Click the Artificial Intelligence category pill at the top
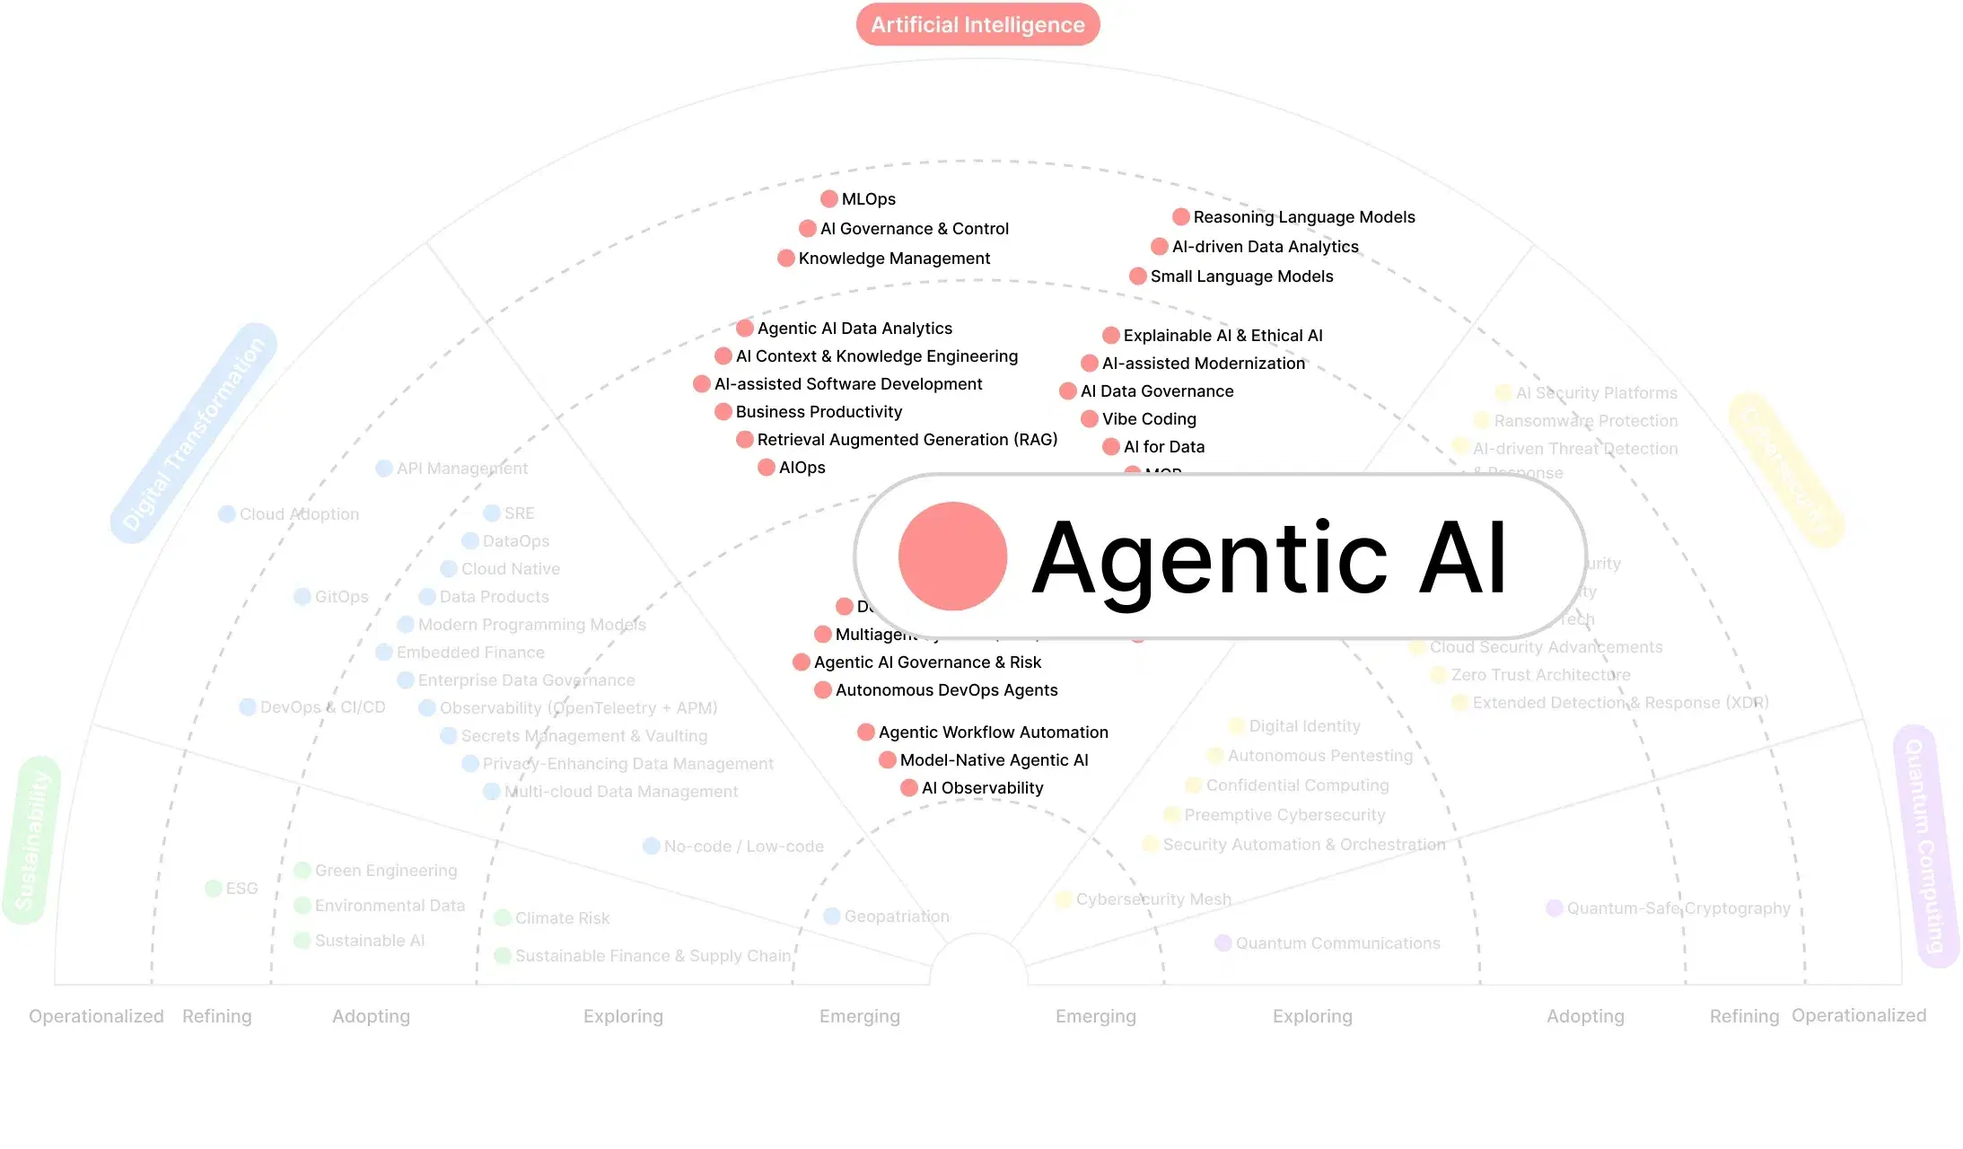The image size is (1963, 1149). click(977, 24)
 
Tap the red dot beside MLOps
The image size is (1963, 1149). click(829, 198)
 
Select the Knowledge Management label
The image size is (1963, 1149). click(894, 259)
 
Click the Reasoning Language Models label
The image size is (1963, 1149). click(1303, 217)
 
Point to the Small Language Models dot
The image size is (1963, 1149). click(1138, 276)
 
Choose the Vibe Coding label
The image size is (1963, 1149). click(1149, 419)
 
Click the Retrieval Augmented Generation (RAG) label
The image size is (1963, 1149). click(907, 440)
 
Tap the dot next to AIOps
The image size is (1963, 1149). click(767, 467)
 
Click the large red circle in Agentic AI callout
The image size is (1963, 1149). click(952, 557)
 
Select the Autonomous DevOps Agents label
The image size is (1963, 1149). click(946, 690)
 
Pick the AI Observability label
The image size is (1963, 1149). click(982, 788)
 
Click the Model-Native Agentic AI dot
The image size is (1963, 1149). click(888, 760)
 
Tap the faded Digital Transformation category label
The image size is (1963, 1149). click(194, 434)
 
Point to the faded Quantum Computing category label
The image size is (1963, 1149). click(1925, 846)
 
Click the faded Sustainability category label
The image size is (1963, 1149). click(32, 840)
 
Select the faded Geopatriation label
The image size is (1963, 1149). click(896, 917)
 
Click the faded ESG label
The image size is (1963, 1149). click(241, 889)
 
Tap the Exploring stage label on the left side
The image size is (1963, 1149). click(623, 1016)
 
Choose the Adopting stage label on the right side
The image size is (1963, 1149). click(1585, 1016)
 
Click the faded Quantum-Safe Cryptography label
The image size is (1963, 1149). click(1678, 908)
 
